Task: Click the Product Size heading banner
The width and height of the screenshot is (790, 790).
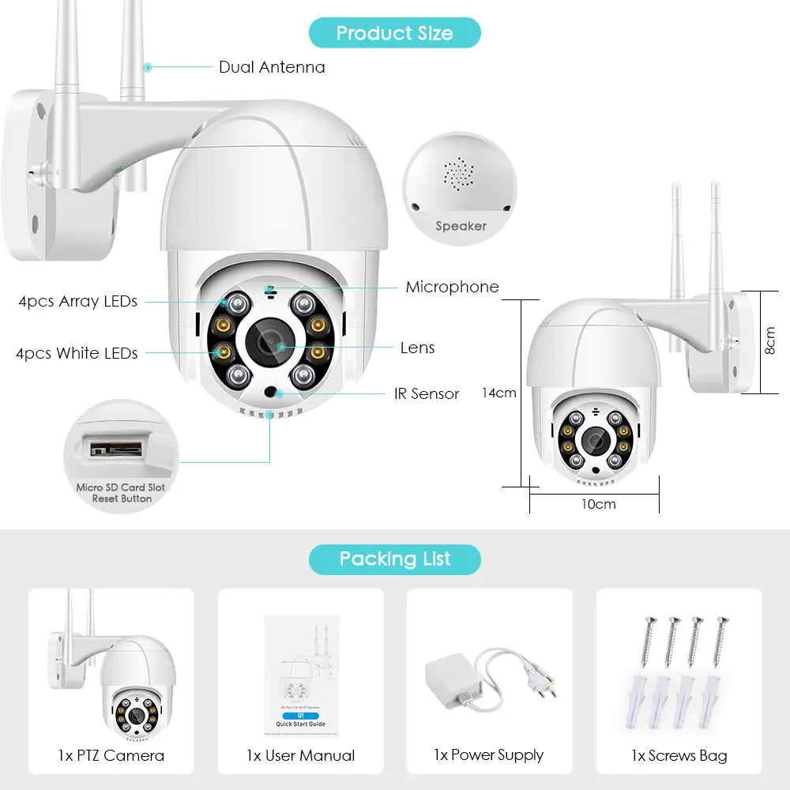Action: [394, 33]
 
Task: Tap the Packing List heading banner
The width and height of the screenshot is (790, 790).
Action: [394, 559]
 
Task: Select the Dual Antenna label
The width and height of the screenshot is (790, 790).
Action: [272, 67]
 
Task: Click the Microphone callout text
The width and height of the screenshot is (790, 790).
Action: [452, 287]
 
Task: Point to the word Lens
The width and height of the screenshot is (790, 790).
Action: [417, 348]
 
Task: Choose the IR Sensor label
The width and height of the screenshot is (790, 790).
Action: [427, 393]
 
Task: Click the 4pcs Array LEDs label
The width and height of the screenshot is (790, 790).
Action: [78, 301]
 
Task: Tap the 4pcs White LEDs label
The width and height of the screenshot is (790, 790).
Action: [77, 353]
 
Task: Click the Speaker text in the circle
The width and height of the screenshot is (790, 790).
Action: [461, 226]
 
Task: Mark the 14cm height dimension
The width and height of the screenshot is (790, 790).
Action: [499, 393]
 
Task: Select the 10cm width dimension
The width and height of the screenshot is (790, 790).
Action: [598, 504]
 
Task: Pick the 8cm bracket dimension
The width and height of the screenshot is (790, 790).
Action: [770, 341]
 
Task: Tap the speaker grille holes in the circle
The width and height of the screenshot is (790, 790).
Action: [458, 172]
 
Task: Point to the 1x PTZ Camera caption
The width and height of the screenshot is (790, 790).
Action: [111, 755]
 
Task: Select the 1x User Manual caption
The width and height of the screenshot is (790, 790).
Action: [300, 755]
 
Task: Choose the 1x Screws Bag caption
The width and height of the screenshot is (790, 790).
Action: [679, 755]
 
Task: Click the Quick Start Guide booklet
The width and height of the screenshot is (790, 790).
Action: [301, 679]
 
